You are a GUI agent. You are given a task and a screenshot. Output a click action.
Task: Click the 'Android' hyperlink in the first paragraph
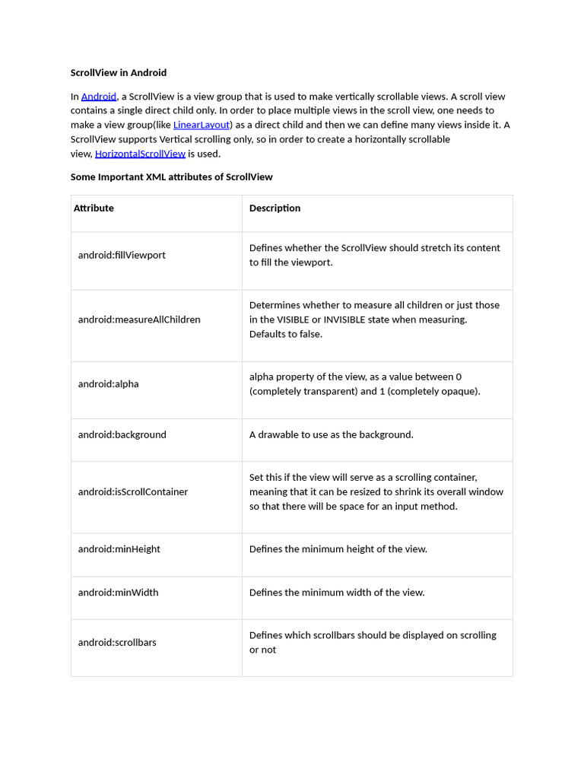pyautogui.click(x=99, y=97)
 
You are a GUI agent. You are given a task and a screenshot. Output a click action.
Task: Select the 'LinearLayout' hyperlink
pyautogui.click(x=202, y=125)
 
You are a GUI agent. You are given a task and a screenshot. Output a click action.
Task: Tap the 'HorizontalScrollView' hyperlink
pyautogui.click(x=140, y=154)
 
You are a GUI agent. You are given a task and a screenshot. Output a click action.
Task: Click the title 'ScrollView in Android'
pyautogui.click(x=119, y=73)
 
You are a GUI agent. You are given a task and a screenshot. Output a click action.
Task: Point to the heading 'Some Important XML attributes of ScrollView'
pyautogui.click(x=171, y=177)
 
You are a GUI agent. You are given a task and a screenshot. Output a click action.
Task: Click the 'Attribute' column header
pyautogui.click(x=94, y=208)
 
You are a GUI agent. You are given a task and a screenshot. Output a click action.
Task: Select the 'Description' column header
pyautogui.click(x=275, y=208)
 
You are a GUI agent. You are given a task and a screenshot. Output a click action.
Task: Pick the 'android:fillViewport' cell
pyautogui.click(x=122, y=256)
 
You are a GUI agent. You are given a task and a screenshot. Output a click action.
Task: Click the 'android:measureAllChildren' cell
pyautogui.click(x=139, y=320)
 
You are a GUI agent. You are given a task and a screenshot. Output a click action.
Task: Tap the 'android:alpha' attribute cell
pyautogui.click(x=108, y=384)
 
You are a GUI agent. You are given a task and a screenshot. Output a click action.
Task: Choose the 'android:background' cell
pyautogui.click(x=122, y=435)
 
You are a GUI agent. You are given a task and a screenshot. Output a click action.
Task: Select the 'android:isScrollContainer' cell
pyautogui.click(x=132, y=492)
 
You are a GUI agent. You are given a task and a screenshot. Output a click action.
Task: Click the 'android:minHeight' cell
pyautogui.click(x=119, y=549)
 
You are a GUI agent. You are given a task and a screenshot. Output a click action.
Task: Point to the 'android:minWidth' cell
pyautogui.click(x=118, y=593)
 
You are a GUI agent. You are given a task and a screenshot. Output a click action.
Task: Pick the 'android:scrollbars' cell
pyautogui.click(x=117, y=643)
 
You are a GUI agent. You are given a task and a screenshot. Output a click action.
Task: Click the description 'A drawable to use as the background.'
pyautogui.click(x=331, y=435)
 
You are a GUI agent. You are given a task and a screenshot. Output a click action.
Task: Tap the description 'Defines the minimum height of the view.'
pyautogui.click(x=338, y=549)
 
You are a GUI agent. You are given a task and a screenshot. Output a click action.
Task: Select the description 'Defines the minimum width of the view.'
pyautogui.click(x=337, y=593)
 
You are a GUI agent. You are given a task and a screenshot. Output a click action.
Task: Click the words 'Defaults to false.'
pyautogui.click(x=286, y=335)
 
